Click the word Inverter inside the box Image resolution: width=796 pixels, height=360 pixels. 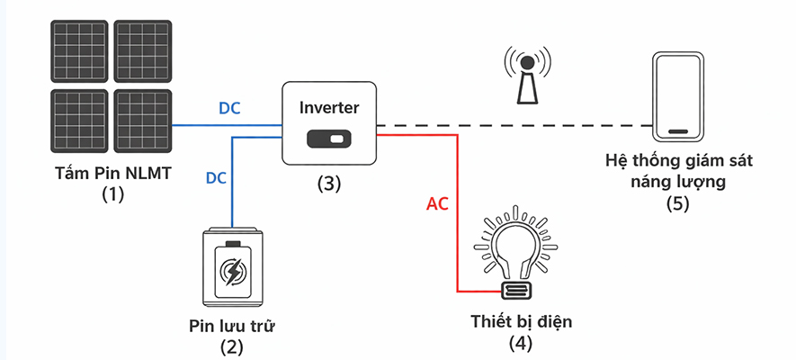[329, 107]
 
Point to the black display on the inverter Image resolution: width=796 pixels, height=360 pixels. [329, 140]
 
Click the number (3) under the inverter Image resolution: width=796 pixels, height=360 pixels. [329, 184]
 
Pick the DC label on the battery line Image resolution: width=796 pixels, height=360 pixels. [216, 177]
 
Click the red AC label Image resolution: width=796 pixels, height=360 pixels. [438, 204]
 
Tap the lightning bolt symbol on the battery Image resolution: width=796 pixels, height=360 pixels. [232, 272]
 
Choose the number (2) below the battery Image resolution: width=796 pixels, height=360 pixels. [232, 345]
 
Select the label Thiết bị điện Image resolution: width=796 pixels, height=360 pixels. [521, 321]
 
